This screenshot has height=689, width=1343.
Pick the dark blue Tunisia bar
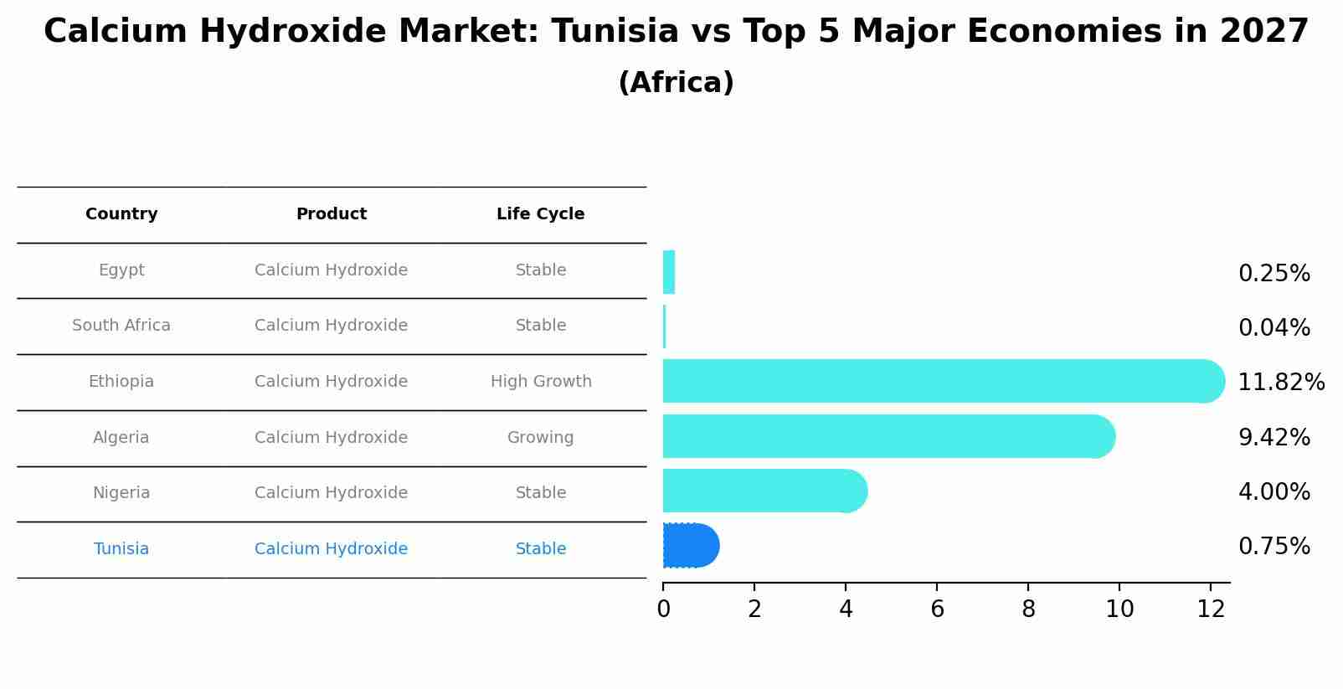690,546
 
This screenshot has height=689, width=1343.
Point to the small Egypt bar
669,272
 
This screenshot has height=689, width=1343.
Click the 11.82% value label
1280,383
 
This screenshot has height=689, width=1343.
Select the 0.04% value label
1274,328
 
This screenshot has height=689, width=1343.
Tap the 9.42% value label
1274,438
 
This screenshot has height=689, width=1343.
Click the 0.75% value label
1274,547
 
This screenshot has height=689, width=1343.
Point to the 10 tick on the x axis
1119,609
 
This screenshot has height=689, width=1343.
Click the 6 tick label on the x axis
937,609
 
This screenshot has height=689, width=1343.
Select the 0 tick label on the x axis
663,609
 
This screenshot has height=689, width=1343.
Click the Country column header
121,214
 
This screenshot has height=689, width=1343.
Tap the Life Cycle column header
540,214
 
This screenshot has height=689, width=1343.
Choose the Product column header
331,214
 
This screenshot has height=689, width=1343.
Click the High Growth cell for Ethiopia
541,382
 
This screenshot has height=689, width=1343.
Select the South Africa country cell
121,326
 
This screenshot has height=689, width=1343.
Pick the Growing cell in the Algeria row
540,438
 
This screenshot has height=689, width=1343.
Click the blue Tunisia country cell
121,549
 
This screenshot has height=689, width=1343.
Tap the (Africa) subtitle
676,83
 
